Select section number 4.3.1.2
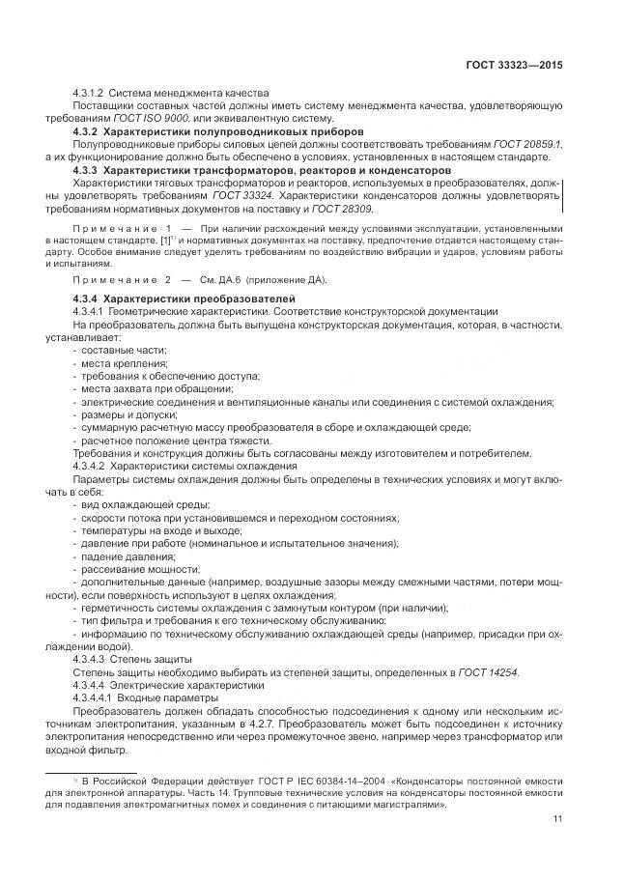(x=92, y=91)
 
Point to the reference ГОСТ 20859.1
(x=527, y=143)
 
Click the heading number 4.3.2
(x=86, y=130)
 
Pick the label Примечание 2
(x=122, y=280)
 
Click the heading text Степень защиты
(x=151, y=657)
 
